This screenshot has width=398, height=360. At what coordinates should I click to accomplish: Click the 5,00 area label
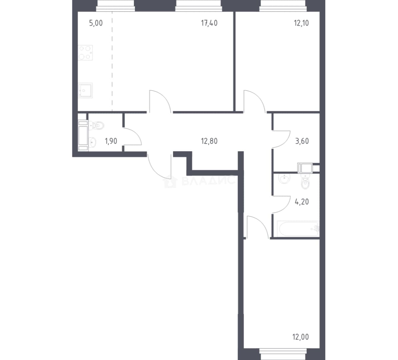click(96, 23)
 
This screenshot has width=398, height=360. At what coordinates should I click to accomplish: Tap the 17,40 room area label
click(209, 23)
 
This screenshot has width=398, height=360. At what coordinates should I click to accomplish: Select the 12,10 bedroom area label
click(301, 23)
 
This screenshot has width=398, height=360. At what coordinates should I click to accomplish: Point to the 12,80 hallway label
click(209, 141)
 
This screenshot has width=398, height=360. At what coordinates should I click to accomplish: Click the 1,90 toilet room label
click(111, 141)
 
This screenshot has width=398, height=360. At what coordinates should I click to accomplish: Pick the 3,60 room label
click(302, 141)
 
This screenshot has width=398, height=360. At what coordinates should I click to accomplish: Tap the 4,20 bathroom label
click(302, 202)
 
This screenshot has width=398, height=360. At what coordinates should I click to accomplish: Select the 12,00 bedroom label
click(301, 337)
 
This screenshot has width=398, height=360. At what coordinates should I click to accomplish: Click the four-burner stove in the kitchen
click(85, 53)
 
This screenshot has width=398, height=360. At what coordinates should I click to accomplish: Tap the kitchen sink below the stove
click(85, 90)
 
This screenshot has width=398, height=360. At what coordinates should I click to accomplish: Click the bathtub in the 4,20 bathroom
click(297, 228)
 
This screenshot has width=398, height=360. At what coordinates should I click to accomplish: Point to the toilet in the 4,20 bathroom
click(305, 182)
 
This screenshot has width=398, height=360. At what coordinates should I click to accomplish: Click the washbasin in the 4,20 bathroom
click(285, 178)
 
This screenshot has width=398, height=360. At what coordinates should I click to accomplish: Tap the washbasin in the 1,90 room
click(92, 142)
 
